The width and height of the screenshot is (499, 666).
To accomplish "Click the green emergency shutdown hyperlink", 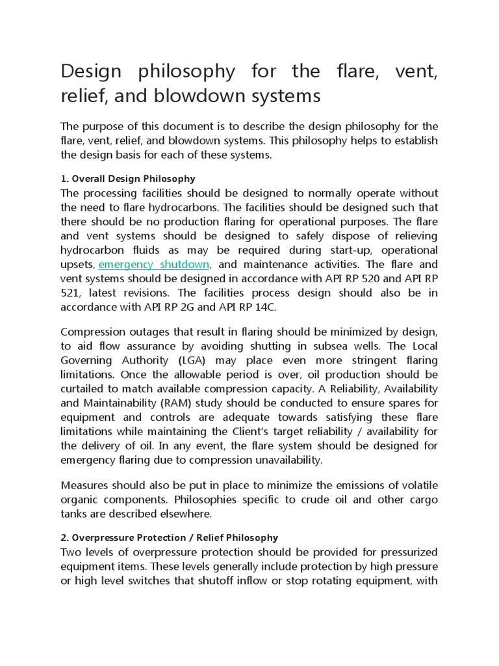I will tap(153, 265).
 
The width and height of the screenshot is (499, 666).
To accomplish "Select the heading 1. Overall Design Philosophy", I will tap(127, 178).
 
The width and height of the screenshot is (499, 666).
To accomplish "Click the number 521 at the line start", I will tap(71, 293).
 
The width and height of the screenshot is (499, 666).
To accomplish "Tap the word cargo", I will tap(418, 499).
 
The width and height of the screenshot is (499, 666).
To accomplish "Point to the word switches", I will tap(153, 581).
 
